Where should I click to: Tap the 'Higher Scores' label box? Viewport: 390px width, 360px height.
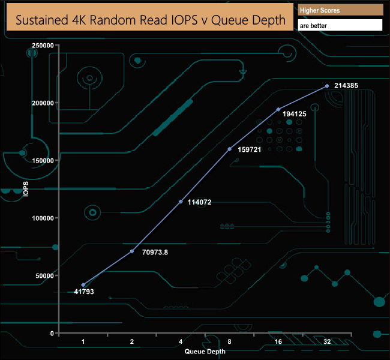click(x=340, y=10)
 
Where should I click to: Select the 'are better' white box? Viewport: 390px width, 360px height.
click(x=340, y=26)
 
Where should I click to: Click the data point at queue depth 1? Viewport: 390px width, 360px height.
click(x=83, y=285)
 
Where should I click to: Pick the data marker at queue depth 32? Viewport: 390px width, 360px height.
click(x=327, y=86)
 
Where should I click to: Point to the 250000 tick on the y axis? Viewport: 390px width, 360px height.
click(x=43, y=46)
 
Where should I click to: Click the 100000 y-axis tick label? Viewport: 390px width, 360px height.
click(x=43, y=218)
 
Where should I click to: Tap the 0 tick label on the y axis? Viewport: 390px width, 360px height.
click(x=52, y=334)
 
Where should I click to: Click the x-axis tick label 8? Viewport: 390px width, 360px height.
click(x=229, y=341)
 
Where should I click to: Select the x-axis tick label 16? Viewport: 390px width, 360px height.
click(x=278, y=341)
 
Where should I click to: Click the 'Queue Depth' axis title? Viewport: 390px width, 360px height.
click(x=205, y=351)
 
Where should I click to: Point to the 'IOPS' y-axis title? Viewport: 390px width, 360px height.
click(x=26, y=190)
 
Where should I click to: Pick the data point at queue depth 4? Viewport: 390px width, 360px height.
click(x=181, y=202)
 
